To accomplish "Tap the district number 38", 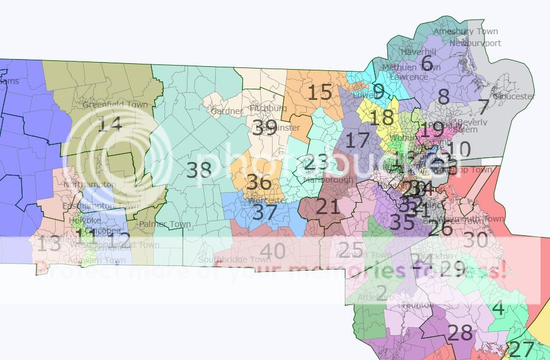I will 199,170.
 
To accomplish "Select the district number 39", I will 264,127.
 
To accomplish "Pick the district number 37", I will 264,212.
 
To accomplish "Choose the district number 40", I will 273,252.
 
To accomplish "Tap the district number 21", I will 328,206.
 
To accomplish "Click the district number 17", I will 357,141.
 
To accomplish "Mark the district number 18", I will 381,117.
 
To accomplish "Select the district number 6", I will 426,62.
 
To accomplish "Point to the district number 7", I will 483,108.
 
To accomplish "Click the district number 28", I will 460,333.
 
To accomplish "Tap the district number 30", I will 475,241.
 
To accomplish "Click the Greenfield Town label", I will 115,105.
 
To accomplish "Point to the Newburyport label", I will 475,43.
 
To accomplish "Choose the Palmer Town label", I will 165,225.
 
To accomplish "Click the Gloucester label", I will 514,96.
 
